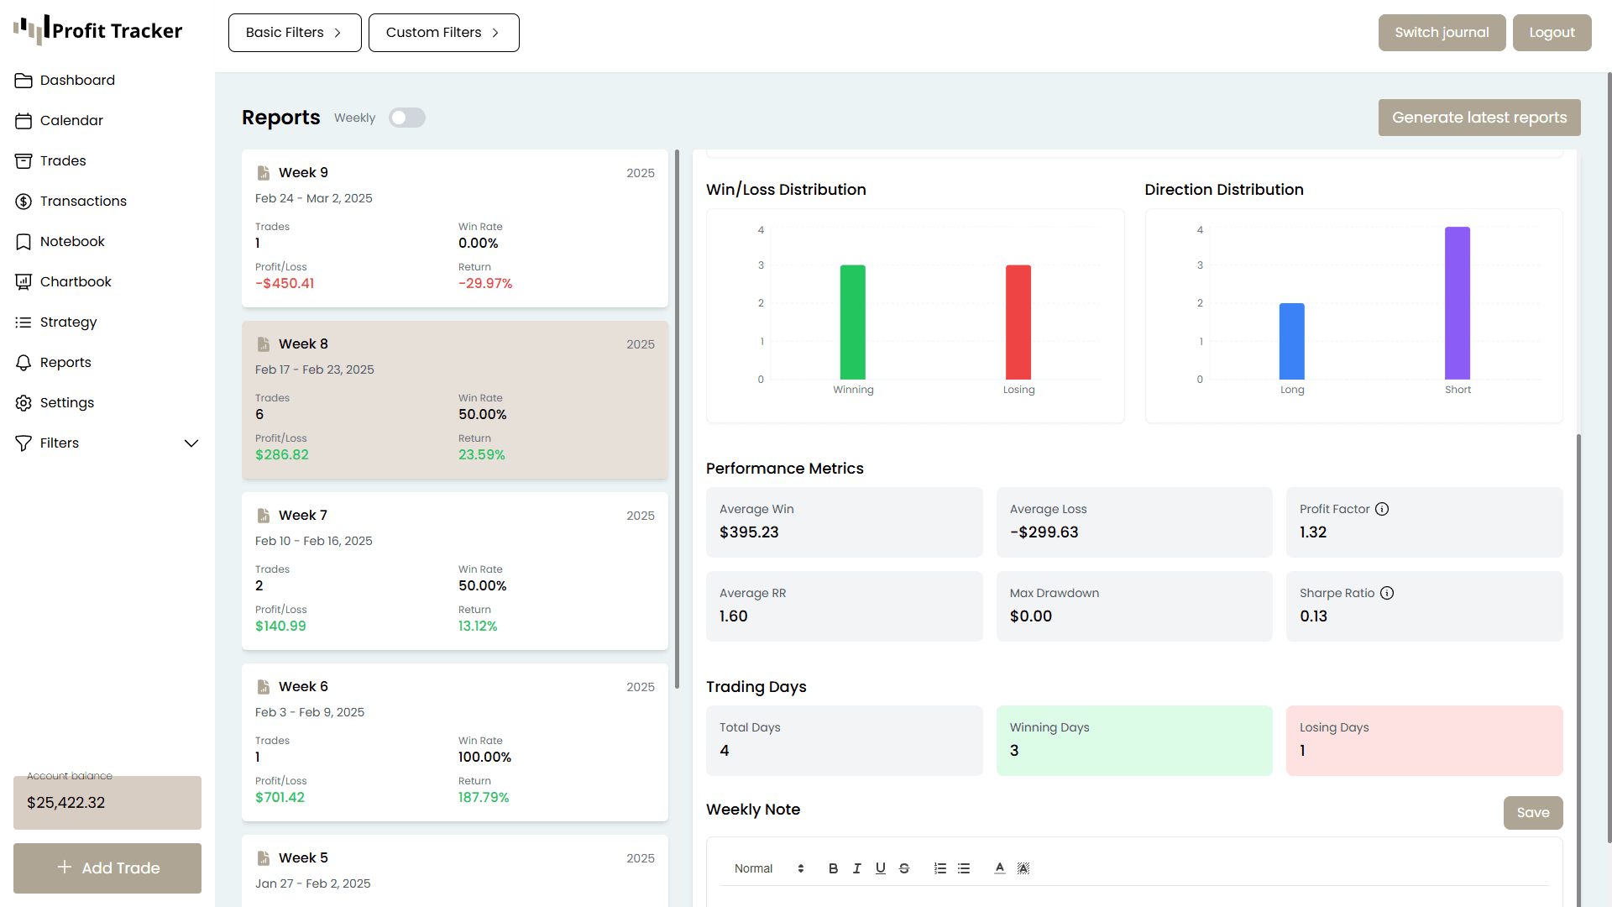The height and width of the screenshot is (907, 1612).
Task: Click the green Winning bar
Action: point(852,322)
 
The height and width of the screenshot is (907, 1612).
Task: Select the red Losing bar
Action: point(1018,322)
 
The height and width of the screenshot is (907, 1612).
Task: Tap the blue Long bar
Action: point(1291,342)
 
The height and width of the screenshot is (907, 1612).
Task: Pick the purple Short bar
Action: point(1457,303)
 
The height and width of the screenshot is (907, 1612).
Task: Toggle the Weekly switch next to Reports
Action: point(407,118)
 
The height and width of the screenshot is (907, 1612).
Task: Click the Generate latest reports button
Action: point(1479,118)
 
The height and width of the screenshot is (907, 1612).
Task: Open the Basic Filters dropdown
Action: point(295,33)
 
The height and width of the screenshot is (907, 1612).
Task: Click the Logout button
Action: point(1552,33)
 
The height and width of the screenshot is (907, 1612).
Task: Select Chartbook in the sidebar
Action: point(76,281)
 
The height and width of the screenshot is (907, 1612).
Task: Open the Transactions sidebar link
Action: point(83,201)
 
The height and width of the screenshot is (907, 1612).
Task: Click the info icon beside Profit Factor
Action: point(1382,509)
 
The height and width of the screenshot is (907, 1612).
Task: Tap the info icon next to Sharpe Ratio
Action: point(1387,593)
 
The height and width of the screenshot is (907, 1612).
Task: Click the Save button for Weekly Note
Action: point(1532,812)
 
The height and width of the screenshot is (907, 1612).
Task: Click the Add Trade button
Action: point(107,868)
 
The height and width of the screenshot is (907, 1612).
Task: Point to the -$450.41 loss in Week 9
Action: point(285,284)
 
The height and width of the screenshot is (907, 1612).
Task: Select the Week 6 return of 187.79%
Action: point(484,798)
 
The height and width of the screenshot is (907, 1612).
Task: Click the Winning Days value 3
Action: point(1014,751)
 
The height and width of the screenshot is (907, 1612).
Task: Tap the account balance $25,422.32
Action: point(66,803)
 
